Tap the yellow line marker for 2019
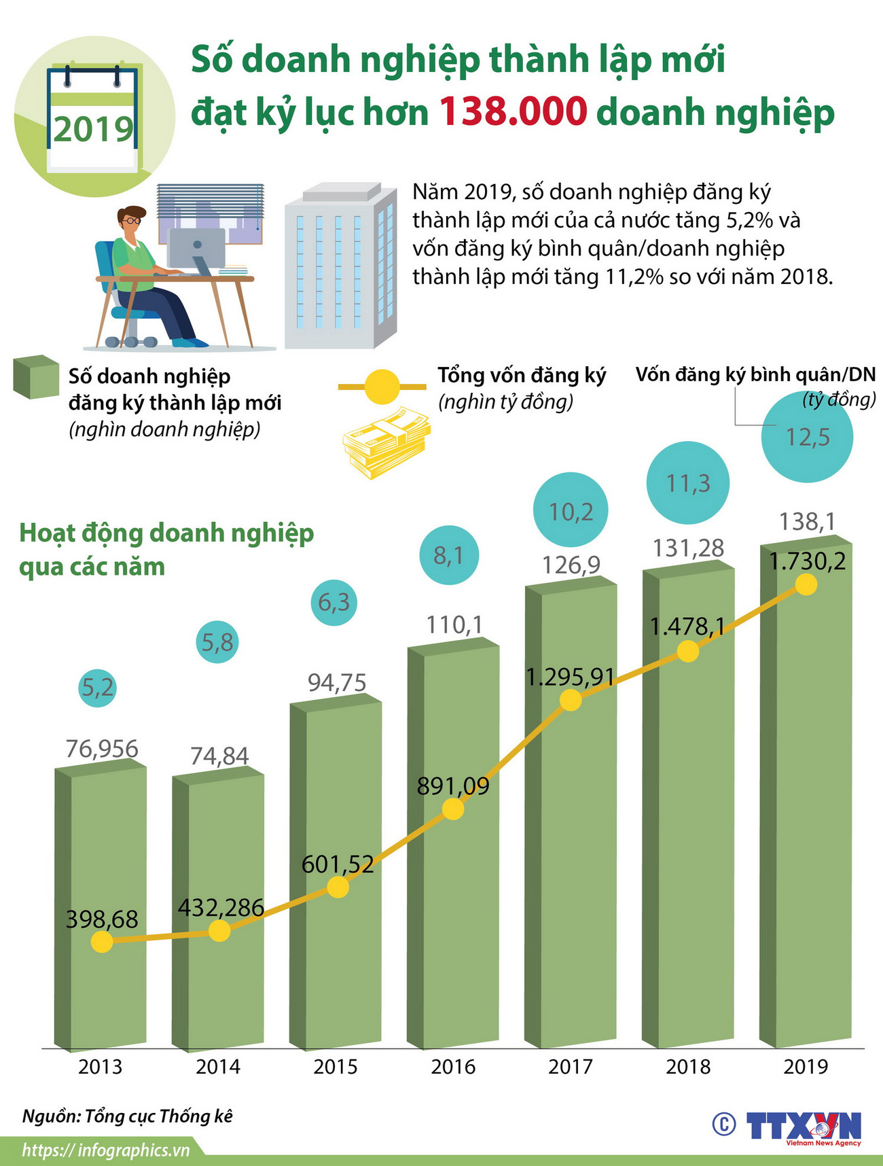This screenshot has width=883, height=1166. point(806,584)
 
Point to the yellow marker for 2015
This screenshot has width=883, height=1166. point(338,887)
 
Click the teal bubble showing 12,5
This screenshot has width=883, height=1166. point(807,437)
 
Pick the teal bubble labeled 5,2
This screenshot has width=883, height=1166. point(98,688)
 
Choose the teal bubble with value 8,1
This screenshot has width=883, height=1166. point(448,555)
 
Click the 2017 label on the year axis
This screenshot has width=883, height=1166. point(571,1067)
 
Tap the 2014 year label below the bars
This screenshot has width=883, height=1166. point(218,1067)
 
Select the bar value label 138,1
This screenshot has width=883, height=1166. point(807,522)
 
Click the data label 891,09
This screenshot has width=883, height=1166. point(453,786)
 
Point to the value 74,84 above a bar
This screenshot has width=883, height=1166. point(219,756)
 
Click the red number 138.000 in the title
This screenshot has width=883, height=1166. point(513,111)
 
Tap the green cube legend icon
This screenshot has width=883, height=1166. point(36,376)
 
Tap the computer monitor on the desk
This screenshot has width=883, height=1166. point(196,249)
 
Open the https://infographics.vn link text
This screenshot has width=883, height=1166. point(105,1150)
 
